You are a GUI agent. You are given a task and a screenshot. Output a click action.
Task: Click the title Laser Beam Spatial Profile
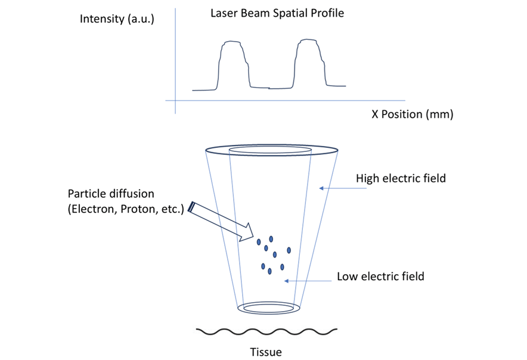click(277, 13)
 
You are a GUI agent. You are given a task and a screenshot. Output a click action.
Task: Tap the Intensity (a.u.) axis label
click(117, 19)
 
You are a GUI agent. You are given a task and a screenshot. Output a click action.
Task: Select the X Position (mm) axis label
click(413, 114)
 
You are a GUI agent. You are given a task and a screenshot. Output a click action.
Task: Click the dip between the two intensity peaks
click(269, 88)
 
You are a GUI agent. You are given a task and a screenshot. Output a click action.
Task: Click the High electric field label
click(401, 178)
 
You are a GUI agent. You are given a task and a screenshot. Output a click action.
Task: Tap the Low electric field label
click(380, 277)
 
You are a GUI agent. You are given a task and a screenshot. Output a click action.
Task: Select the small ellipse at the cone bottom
click(269, 308)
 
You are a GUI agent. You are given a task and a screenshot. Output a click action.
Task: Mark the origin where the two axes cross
click(175, 101)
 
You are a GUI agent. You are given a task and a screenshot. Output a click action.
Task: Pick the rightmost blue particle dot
click(289, 250)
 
